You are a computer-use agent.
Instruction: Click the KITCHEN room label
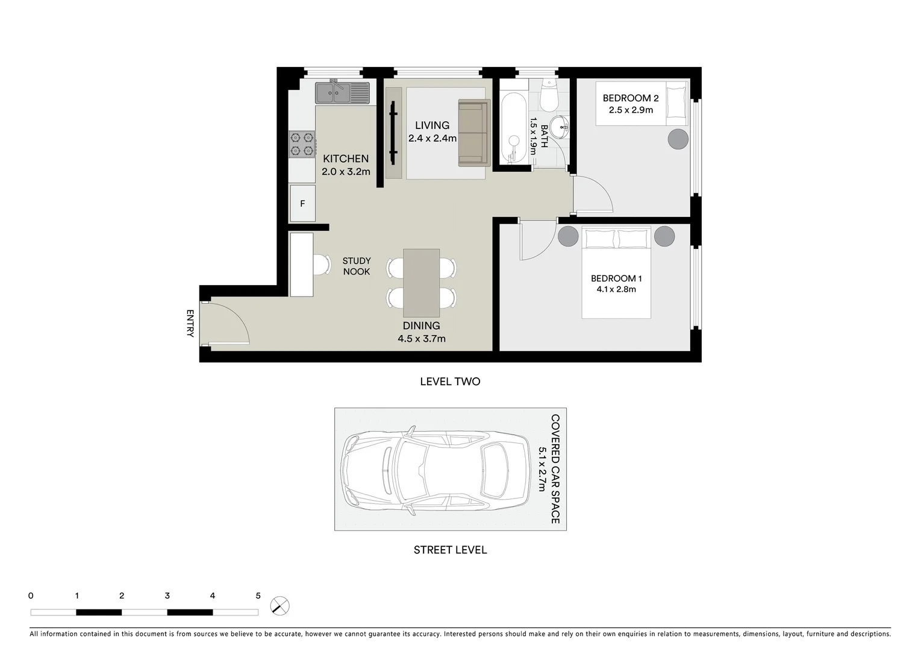tap(346, 159)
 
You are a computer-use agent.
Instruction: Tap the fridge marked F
tap(302, 204)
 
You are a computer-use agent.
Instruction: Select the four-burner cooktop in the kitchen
tap(302, 145)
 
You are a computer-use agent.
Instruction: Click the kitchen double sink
tap(342, 93)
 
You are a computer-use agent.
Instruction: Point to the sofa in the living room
tap(474, 133)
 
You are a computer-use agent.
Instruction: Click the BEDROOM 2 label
tap(631, 98)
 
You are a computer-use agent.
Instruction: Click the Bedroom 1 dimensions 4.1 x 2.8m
tap(616, 289)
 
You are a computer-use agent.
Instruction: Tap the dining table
tap(421, 283)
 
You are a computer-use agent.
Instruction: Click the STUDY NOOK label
tap(357, 266)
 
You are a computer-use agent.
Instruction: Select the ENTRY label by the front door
tap(190, 323)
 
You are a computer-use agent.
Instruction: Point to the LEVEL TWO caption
tap(450, 382)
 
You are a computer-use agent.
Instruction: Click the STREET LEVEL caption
tap(450, 550)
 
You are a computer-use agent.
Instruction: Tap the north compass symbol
tap(279, 606)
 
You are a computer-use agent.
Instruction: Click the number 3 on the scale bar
tap(167, 596)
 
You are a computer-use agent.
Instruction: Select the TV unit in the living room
tap(393, 133)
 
